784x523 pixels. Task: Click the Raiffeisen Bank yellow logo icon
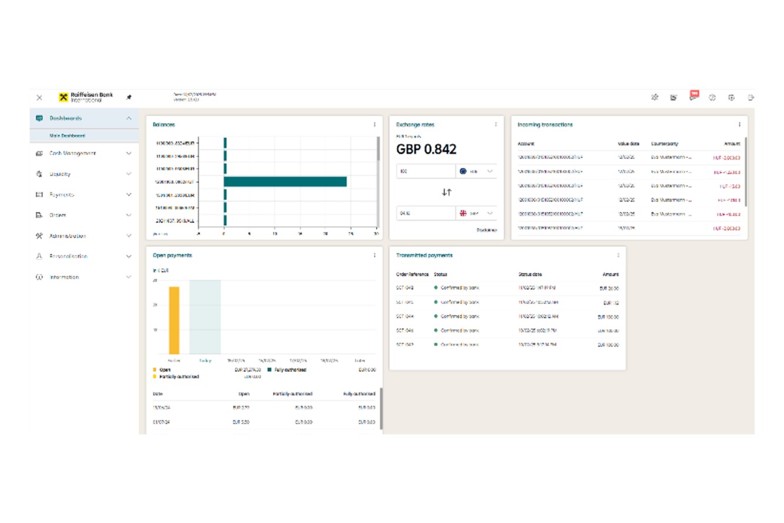pyautogui.click(x=64, y=97)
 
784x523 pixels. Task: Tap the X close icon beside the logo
pyautogui.click(x=39, y=98)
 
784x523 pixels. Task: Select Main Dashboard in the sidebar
pyautogui.click(x=67, y=135)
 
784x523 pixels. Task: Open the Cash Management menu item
pyautogui.click(x=72, y=153)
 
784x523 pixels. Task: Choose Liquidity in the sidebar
pyautogui.click(x=60, y=174)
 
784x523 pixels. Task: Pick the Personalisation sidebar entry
pyautogui.click(x=68, y=256)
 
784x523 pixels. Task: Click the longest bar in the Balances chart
pyautogui.click(x=285, y=181)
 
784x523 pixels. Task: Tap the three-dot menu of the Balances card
pyautogui.click(x=374, y=124)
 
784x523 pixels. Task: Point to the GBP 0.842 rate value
pyautogui.click(x=426, y=150)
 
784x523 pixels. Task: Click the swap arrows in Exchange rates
pyautogui.click(x=446, y=192)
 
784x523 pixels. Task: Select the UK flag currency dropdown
pyautogui.click(x=476, y=213)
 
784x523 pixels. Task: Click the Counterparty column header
pyautogui.click(x=664, y=144)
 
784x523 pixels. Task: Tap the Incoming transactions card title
pyautogui.click(x=545, y=125)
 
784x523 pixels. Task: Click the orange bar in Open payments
pyautogui.click(x=174, y=320)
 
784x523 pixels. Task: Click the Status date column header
pyautogui.click(x=530, y=274)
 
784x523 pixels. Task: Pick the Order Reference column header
pyautogui.click(x=413, y=274)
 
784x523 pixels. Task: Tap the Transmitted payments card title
pyautogui.click(x=424, y=256)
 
